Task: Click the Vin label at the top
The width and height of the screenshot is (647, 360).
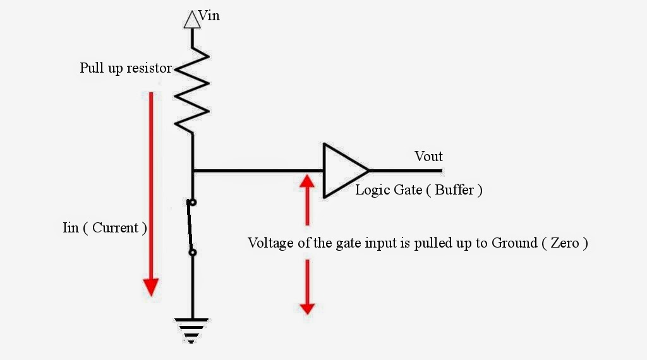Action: [x=209, y=16]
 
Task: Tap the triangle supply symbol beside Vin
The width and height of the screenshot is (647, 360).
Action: [x=192, y=20]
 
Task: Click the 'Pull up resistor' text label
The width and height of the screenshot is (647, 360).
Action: [x=125, y=68]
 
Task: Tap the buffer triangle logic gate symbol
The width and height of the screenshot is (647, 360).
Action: [x=342, y=171]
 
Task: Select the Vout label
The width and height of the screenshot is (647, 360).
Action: [x=428, y=156]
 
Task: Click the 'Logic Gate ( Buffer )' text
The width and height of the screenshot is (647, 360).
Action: [x=419, y=189]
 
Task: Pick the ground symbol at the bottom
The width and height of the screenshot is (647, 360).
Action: [x=192, y=330]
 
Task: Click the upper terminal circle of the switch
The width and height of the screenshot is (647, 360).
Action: [x=192, y=203]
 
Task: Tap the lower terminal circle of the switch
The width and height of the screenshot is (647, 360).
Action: [x=192, y=253]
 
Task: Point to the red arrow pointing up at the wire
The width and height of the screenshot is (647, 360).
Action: [x=307, y=199]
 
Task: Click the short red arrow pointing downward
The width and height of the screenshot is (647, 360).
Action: [x=307, y=287]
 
